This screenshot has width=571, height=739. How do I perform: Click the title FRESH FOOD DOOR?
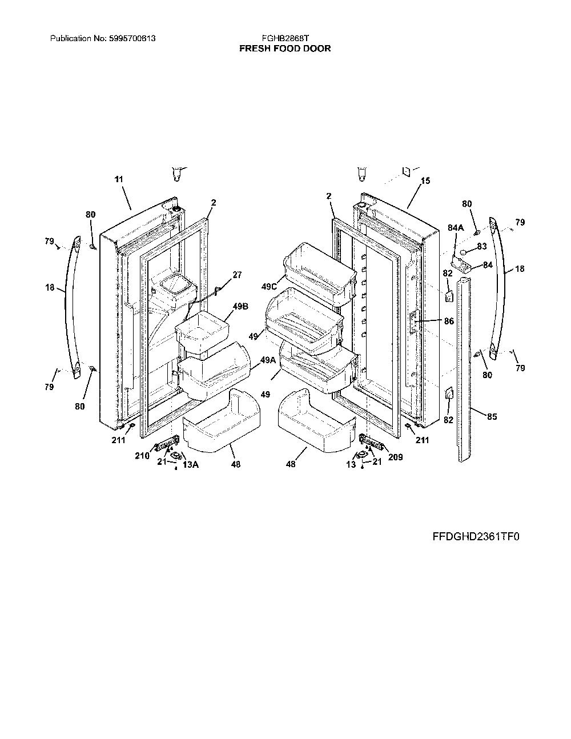click(285, 49)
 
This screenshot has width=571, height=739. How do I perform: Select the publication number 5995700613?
click(132, 38)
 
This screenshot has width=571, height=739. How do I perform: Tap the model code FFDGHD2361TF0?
click(476, 537)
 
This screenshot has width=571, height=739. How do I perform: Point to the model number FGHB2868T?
click(285, 38)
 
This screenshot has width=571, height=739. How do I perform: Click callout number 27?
click(237, 275)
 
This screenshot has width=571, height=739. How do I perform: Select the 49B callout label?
click(240, 306)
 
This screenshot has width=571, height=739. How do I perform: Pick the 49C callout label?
click(269, 287)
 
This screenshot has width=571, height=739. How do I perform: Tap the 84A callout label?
click(456, 228)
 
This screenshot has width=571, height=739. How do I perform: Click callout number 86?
click(449, 321)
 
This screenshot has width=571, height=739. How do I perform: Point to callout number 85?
click(492, 416)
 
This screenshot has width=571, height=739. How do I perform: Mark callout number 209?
click(396, 457)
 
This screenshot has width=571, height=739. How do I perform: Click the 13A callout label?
click(190, 464)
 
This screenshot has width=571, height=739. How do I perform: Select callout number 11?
click(119, 179)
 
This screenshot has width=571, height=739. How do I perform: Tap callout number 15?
click(425, 180)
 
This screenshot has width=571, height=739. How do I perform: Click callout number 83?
click(482, 246)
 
